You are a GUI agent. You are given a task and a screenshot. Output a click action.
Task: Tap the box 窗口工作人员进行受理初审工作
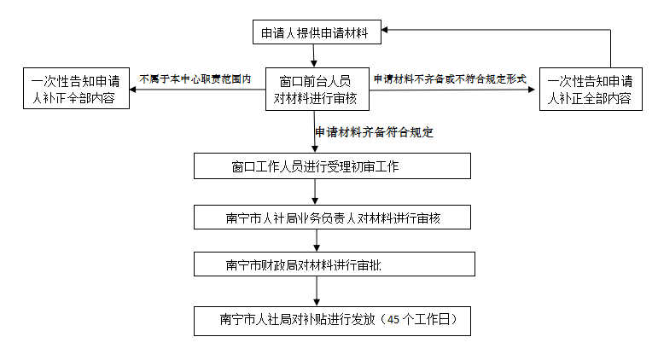pos(332,166)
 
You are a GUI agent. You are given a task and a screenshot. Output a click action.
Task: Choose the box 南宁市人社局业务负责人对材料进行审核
pos(334,218)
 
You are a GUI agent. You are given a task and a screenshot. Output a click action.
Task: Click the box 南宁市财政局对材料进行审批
pos(334,264)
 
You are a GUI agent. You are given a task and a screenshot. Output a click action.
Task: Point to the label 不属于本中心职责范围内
pos(195,78)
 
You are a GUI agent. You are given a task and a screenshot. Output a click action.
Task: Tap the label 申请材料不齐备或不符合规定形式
pos(449,78)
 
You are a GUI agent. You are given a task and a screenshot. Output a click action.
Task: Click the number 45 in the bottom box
pos(393,321)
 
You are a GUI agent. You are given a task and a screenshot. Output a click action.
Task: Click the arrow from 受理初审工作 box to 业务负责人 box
pos(317,192)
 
